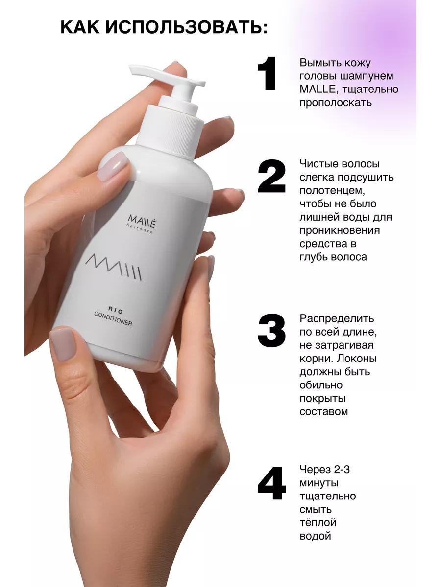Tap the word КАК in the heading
(x=80, y=27)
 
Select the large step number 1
(x=267, y=73)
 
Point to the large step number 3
(x=271, y=331)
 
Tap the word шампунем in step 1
(x=367, y=76)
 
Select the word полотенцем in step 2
(x=332, y=191)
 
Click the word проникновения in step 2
(x=340, y=230)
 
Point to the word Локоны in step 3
(x=356, y=359)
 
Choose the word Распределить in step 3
(x=337, y=319)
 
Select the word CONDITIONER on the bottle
(x=113, y=319)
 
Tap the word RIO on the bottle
(x=116, y=310)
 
